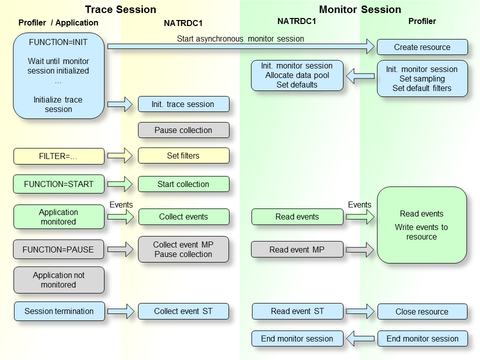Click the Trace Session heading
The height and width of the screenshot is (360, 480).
(x=120, y=9)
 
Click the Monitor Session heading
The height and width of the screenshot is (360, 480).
(x=360, y=9)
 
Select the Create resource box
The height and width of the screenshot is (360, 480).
(x=422, y=47)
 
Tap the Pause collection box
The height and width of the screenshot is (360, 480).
(x=183, y=130)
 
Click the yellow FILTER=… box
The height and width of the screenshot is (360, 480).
(x=59, y=156)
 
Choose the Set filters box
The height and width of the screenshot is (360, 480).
(x=183, y=155)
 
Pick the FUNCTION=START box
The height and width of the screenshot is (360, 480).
(x=59, y=184)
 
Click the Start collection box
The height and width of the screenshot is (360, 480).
(x=183, y=184)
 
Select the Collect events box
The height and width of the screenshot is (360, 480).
(x=183, y=216)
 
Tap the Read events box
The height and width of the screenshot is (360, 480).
(x=297, y=216)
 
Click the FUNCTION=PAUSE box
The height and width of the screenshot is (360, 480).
(x=59, y=249)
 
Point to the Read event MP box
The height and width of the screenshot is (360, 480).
(x=297, y=249)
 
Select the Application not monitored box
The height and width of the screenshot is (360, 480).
(x=59, y=280)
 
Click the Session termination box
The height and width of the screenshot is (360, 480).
(x=59, y=311)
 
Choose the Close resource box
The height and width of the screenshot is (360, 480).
(x=422, y=311)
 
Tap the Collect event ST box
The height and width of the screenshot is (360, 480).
(x=183, y=311)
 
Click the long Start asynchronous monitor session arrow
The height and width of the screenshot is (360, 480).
(x=240, y=46)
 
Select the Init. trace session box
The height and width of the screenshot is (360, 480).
(x=183, y=104)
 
